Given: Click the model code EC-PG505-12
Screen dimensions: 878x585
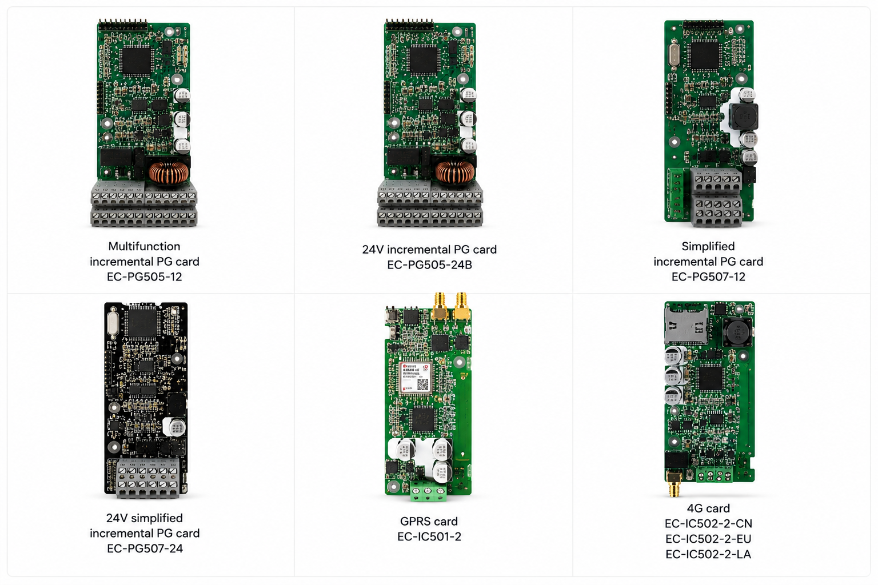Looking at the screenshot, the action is tap(144, 277).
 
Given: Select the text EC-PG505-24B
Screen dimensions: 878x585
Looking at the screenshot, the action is tap(429, 265).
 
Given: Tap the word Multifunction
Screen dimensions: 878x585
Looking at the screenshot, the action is tap(144, 246).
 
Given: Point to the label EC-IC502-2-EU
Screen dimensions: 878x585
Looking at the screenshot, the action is tap(708, 539).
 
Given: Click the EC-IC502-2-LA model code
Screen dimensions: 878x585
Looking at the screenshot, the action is tap(708, 554).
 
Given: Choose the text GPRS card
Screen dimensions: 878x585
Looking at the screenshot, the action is tap(429, 521).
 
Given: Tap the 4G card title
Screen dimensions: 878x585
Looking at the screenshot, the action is tap(708, 508).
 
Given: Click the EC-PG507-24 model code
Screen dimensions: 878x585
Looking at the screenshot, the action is tap(145, 548).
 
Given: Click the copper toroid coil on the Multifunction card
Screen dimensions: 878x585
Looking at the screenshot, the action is tap(169, 173).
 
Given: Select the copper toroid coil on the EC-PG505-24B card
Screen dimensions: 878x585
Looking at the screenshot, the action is tap(454, 173).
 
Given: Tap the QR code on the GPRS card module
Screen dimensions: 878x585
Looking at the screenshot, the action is tap(422, 384).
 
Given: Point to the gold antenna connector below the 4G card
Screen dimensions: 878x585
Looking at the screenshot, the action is tap(674, 485).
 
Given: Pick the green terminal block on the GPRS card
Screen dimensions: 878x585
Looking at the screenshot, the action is tap(428, 492).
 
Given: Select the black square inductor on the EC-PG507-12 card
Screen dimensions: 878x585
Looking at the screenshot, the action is tap(744, 117).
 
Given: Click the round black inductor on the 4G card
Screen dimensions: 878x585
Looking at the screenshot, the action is tap(738, 331).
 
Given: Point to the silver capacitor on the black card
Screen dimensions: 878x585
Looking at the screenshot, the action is tap(175, 427).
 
